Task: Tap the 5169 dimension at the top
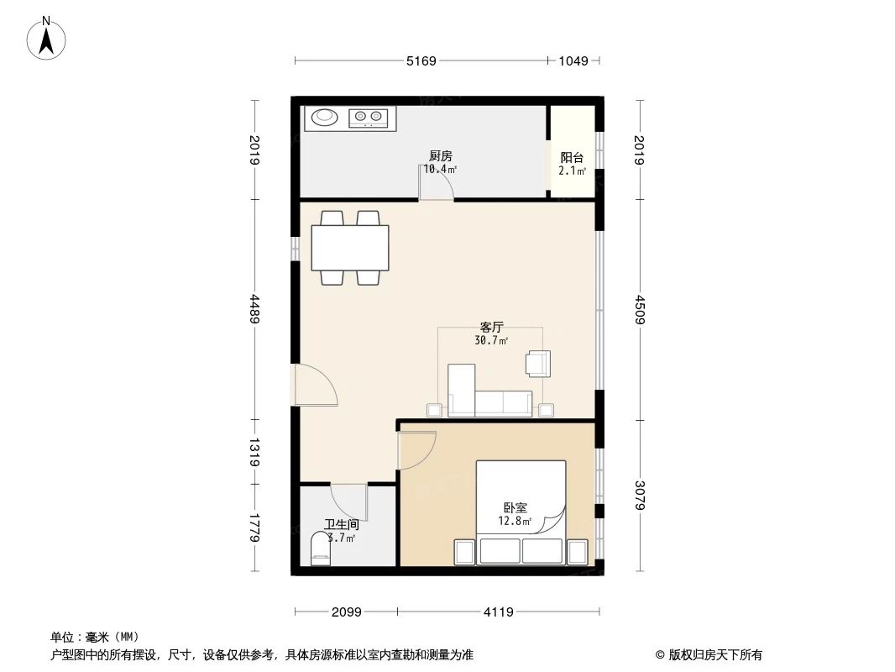[421, 60]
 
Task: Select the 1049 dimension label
[573, 60]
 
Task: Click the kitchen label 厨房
[440, 156]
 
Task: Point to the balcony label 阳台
[572, 157]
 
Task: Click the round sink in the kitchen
[323, 118]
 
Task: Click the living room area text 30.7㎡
[490, 341]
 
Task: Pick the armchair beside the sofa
[537, 363]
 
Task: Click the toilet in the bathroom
[321, 554]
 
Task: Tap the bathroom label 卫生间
[342, 524]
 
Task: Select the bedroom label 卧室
[515, 508]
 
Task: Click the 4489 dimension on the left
[254, 312]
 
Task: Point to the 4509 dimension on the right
[641, 312]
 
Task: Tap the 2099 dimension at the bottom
[345, 612]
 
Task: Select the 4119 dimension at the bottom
[497, 612]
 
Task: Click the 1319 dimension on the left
[254, 451]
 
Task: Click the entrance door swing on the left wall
[316, 386]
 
